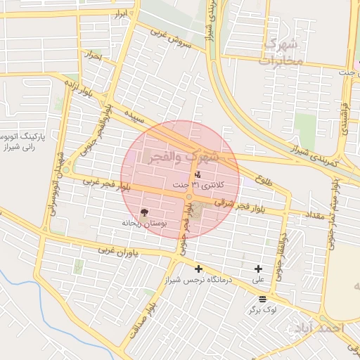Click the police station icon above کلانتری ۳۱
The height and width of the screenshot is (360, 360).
(x=197, y=174)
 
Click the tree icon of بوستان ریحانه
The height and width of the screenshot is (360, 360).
(x=145, y=212)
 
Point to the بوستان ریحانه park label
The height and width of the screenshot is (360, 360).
(x=145, y=224)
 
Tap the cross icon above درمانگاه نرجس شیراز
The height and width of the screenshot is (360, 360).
(x=199, y=269)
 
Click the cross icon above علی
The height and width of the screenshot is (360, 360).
(x=259, y=269)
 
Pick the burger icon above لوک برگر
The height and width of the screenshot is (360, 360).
(x=262, y=299)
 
